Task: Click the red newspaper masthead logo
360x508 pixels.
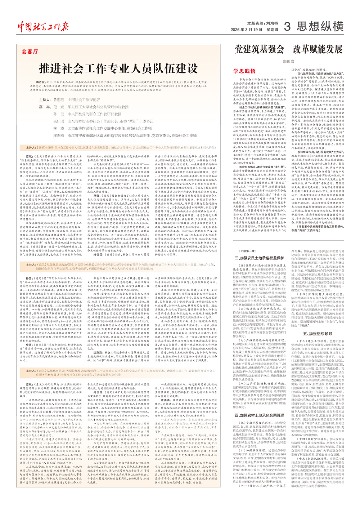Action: pos(43,26)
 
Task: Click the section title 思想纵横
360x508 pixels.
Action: pos(320,26)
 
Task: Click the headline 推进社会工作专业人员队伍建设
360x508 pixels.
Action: pos(118,68)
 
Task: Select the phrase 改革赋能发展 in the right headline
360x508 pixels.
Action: pos(318,49)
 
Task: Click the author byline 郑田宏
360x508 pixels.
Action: pos(288,62)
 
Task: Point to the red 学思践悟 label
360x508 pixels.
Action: pos(244,71)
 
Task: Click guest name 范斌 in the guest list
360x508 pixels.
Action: pos(59,107)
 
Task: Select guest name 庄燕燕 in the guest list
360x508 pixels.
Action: pos(59,135)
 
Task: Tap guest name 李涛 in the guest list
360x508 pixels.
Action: pos(59,128)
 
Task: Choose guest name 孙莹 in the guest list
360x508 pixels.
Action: pos(59,114)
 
